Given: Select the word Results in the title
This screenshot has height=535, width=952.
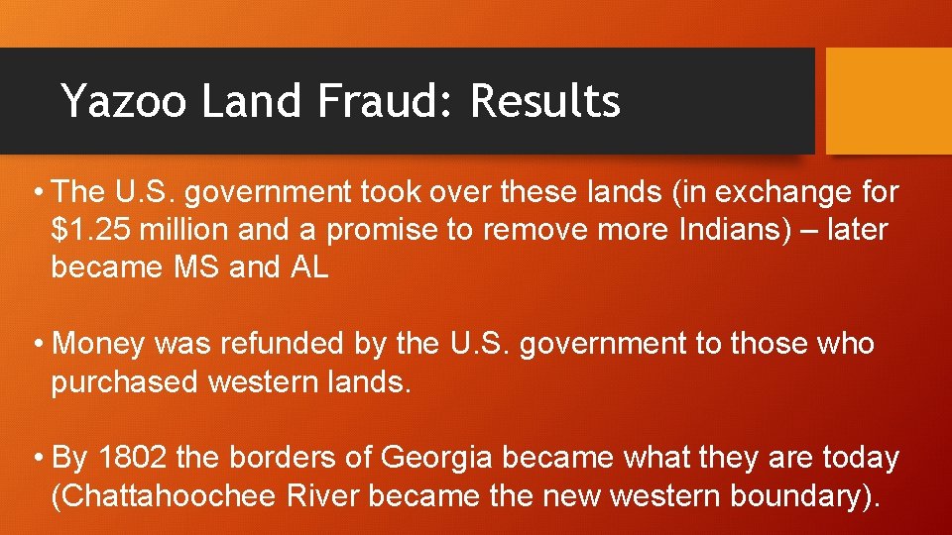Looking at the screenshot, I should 545,101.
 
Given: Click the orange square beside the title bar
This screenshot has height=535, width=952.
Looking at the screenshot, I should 889,101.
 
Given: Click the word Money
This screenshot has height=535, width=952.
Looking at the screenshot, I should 98,344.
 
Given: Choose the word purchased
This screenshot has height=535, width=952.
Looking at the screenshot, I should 124,381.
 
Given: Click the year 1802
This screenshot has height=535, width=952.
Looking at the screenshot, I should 134,458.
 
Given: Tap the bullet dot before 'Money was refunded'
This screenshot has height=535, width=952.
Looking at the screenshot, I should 39,345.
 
